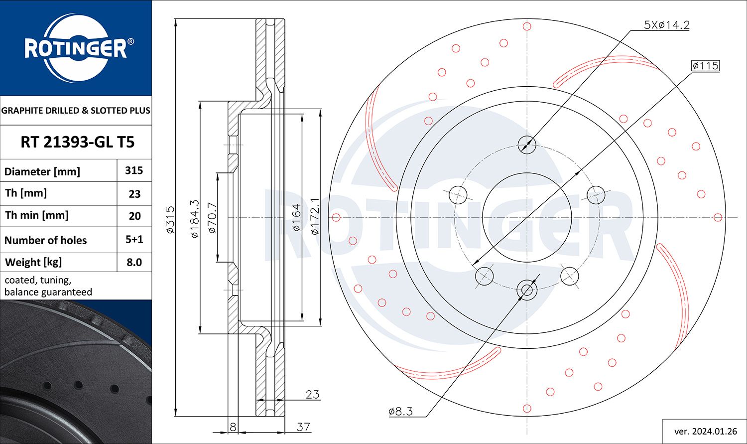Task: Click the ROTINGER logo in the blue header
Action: pos(76,48)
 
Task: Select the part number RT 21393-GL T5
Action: pos(77,143)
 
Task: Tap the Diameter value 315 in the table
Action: pos(134,170)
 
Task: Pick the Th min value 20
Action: pos(134,216)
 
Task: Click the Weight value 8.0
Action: pos(134,262)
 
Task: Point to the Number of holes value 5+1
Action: pos(134,239)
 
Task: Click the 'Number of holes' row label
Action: pos(46,240)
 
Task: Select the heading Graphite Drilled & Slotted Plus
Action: pos(76,111)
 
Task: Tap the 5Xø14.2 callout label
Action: pos(666,25)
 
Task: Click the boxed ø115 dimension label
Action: pos(705,66)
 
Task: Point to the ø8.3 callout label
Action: pos(400,411)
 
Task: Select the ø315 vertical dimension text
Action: pos(170,220)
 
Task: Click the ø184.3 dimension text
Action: pos(195,218)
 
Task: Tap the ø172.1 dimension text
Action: pos(314,216)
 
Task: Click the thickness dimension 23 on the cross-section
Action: pos(312,395)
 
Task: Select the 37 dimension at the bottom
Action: pos(303,427)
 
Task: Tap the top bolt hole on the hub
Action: pos(527,145)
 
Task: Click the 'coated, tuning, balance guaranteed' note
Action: pos(48,286)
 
